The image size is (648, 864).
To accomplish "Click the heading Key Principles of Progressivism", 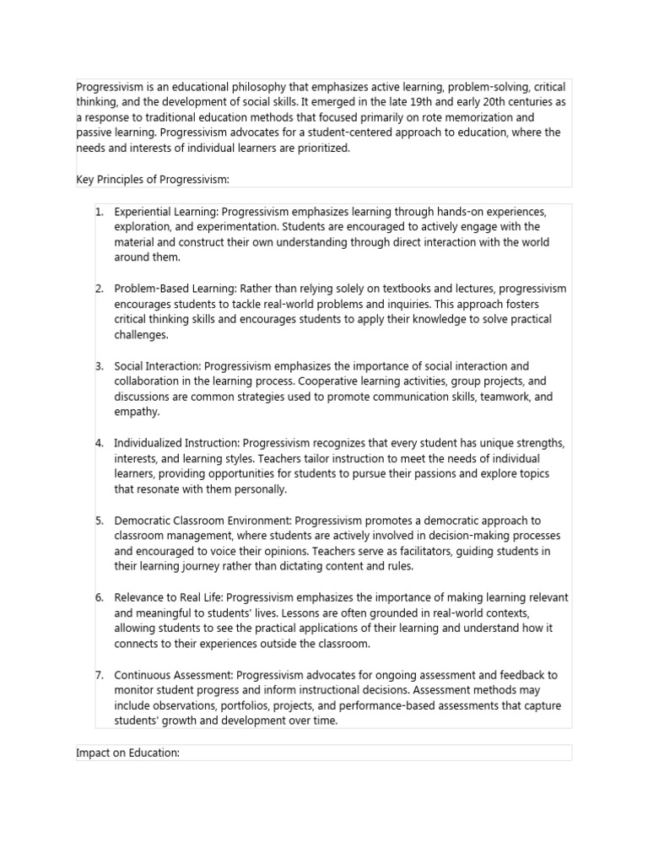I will pos(153,180).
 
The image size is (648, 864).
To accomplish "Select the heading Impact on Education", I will pos(127,753).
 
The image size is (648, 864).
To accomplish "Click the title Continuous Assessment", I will pos(173,675).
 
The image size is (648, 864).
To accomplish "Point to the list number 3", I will pos(99,366).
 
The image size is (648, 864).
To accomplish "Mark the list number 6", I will pos(99,597).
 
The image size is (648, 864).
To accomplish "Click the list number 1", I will pos(99,212).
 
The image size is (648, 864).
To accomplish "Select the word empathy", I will pos(136,412).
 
